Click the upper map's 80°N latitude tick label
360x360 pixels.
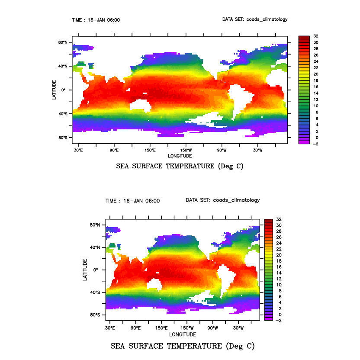click(x=63, y=42)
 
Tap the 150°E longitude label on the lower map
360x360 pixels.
click(x=161, y=328)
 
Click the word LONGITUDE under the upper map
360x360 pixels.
click(x=180, y=156)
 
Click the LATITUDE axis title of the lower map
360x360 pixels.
click(x=85, y=269)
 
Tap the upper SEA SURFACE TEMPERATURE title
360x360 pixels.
click(x=180, y=166)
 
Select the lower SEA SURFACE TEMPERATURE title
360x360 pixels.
click(x=183, y=346)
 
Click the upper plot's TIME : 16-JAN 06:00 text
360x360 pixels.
click(x=96, y=20)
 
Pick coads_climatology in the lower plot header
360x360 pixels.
click(x=236, y=200)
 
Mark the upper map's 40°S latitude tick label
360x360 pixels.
click(x=63, y=114)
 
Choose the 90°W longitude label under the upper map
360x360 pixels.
click(x=222, y=150)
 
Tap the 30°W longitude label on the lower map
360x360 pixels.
click(x=238, y=328)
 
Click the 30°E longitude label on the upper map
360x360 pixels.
click(x=78, y=150)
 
